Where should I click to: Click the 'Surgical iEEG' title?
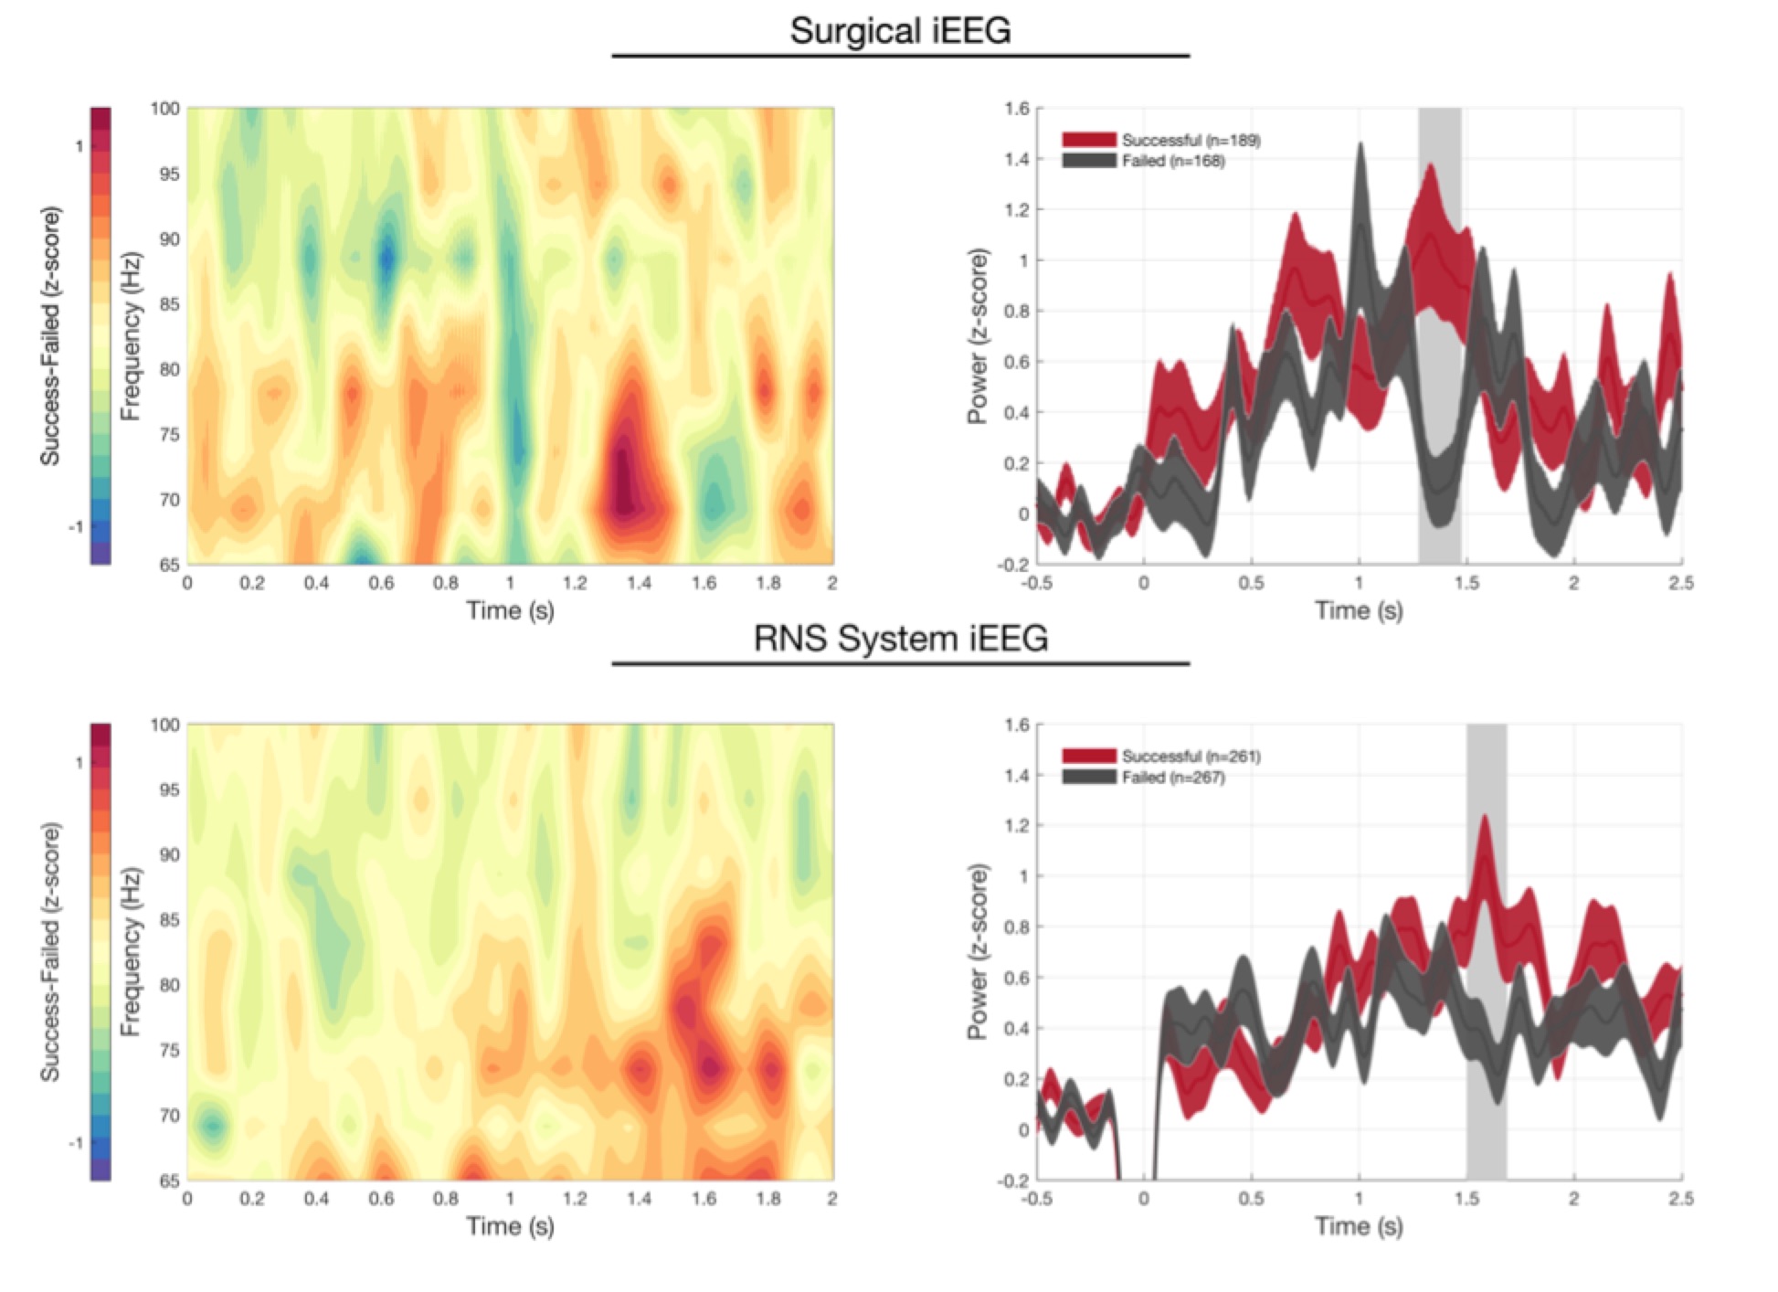900,31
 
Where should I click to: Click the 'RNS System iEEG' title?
900,638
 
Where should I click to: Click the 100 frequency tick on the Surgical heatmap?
165,109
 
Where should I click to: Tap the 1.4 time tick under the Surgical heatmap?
639,583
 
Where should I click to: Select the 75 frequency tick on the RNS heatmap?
169,1051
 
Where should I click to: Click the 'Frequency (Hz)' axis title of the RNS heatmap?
132,951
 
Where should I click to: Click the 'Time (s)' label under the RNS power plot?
1359,1225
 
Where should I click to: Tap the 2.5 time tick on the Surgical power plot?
1680,583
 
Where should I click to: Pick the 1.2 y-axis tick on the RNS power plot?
1016,826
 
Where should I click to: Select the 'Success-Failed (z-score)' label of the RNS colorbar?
51,951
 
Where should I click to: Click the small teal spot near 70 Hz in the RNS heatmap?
212,1125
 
